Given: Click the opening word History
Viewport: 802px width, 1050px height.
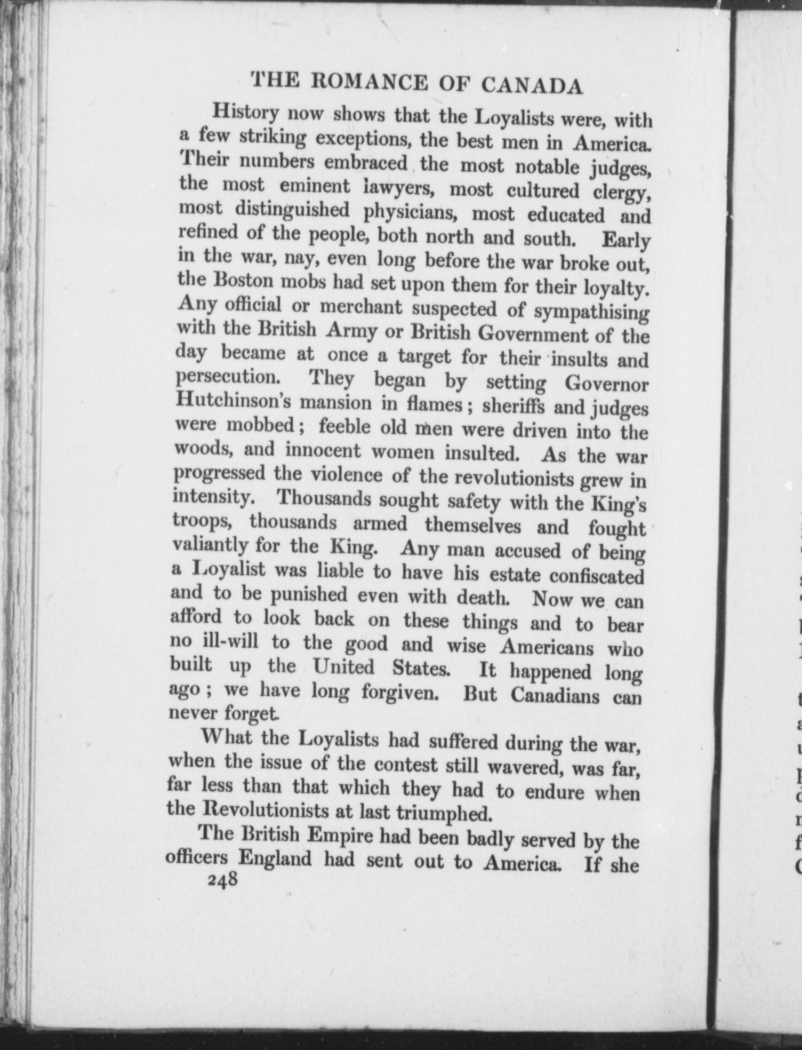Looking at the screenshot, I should pos(245,113).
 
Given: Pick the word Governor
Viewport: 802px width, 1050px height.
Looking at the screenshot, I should pos(606,385).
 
